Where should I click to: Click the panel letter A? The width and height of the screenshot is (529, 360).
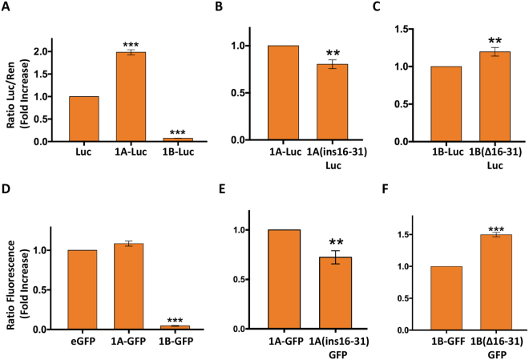[x=7, y=8]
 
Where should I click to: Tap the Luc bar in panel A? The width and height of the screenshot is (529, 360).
[x=84, y=119]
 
